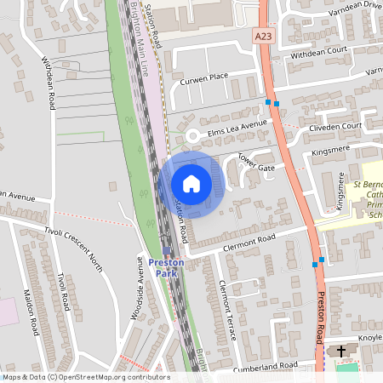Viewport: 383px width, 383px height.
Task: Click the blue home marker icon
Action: point(191,184)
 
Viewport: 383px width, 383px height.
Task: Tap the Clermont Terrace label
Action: point(227,310)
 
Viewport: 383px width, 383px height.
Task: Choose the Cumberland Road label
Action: point(267,365)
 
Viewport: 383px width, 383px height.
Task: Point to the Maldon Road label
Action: point(31,310)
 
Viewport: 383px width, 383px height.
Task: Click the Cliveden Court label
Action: point(335,126)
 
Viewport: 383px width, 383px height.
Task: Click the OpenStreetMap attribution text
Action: point(85,377)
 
